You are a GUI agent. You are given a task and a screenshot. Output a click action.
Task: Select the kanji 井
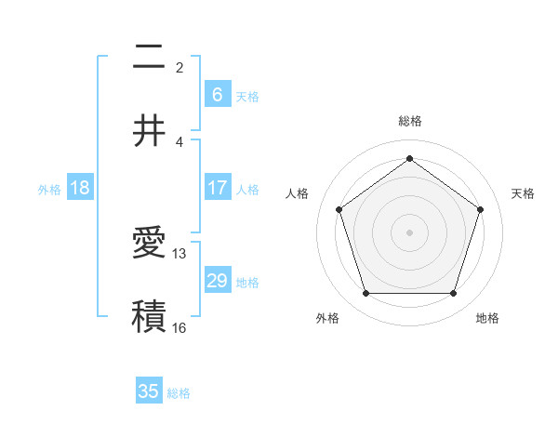click(149, 129)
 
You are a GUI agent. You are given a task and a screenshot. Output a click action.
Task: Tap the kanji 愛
click(149, 244)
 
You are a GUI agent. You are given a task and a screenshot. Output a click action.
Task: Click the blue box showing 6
click(217, 94)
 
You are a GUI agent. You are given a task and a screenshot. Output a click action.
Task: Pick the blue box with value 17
click(217, 188)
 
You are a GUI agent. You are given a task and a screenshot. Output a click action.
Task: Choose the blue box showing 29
click(217, 281)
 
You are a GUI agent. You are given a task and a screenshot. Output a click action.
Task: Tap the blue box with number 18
click(80, 188)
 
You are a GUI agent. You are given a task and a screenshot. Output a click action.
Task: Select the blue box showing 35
click(149, 391)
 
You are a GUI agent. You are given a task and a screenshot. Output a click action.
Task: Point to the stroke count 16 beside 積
click(179, 327)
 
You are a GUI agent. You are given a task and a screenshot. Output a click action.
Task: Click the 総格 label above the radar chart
click(409, 121)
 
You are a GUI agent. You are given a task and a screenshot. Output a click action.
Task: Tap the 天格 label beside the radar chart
click(524, 193)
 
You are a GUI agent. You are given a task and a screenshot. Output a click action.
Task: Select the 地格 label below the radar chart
click(487, 318)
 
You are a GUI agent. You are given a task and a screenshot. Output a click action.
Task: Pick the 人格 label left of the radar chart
click(298, 193)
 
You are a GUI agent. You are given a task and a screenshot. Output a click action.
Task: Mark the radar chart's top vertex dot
click(409, 158)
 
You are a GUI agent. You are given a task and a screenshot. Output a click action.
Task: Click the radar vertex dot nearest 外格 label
click(365, 294)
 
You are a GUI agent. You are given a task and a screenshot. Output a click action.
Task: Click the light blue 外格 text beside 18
click(49, 189)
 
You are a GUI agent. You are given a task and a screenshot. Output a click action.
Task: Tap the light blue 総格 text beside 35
click(179, 393)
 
